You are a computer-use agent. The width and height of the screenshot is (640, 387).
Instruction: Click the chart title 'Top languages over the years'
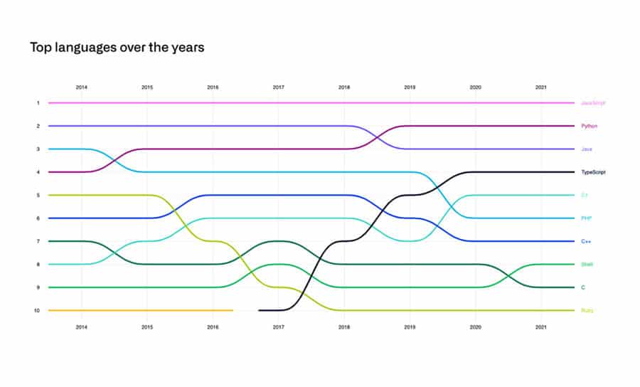(x=117, y=48)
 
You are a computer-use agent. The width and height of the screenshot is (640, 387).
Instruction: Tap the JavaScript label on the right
(x=593, y=103)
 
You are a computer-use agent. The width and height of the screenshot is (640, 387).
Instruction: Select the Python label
(x=590, y=126)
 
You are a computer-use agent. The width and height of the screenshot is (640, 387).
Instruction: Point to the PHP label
(x=587, y=218)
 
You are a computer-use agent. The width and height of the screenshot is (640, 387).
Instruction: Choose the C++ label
(x=587, y=241)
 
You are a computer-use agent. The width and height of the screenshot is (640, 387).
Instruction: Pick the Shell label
(x=587, y=265)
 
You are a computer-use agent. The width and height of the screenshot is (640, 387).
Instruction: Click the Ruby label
(x=587, y=310)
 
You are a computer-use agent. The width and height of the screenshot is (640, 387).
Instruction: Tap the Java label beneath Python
(x=587, y=149)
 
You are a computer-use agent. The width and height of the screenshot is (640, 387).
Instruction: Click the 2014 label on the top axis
(x=82, y=87)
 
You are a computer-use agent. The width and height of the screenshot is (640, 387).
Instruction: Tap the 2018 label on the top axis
(x=344, y=87)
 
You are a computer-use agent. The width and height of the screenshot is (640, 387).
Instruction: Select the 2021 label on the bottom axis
(x=541, y=327)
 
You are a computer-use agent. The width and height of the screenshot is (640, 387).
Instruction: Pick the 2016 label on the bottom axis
(x=213, y=327)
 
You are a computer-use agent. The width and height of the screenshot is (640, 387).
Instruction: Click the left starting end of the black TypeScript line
(x=260, y=310)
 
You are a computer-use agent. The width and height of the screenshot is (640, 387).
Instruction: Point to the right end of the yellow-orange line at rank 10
(x=233, y=310)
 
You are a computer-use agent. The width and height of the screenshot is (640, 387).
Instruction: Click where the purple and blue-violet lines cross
(x=377, y=137)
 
